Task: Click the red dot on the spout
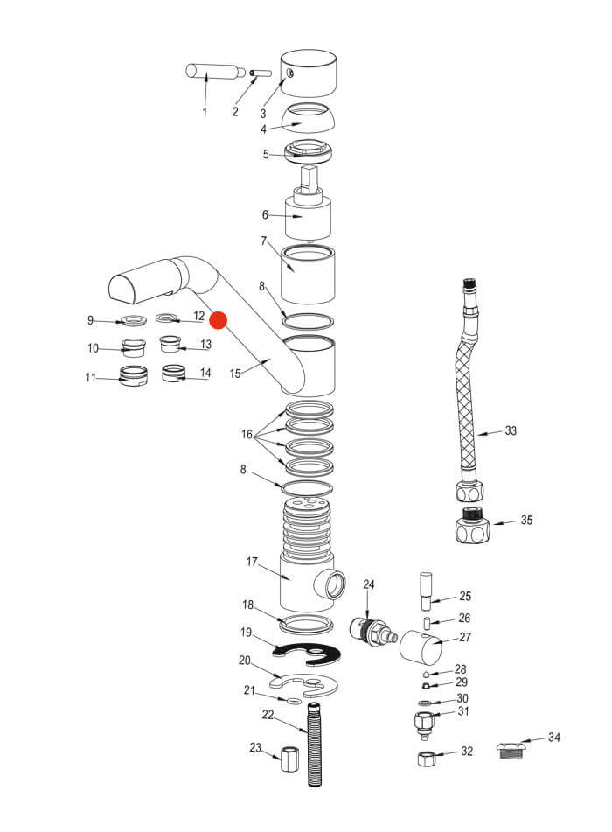coord(219,320)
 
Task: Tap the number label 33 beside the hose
coord(511,430)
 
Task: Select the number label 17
coord(253,561)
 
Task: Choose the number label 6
coord(265,215)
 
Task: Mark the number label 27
coord(464,637)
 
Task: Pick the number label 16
coord(247,435)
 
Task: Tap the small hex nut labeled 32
coord(424,757)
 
